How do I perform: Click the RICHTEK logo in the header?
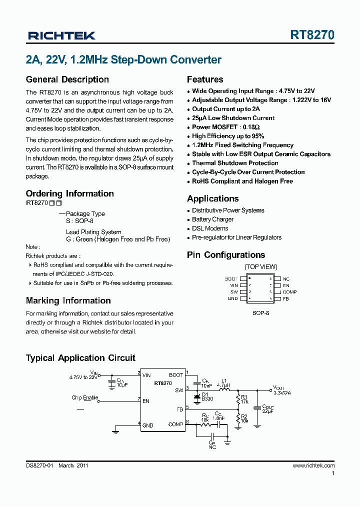point(62,35)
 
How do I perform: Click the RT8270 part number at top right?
point(312,35)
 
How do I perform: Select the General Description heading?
point(67,79)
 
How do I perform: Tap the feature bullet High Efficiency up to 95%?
point(228,136)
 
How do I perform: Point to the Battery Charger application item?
point(212,219)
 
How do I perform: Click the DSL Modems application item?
point(210,228)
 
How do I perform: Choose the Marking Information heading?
point(68,300)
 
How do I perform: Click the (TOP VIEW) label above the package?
point(260,267)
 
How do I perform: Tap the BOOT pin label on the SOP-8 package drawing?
point(231,279)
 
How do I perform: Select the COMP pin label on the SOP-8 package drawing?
point(289,292)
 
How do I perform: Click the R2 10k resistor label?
point(244,419)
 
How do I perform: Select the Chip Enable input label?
point(84,398)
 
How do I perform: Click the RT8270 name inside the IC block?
point(163,383)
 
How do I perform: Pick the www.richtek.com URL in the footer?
point(313,465)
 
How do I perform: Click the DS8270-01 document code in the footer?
point(39,465)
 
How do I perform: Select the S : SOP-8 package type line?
point(79,220)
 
